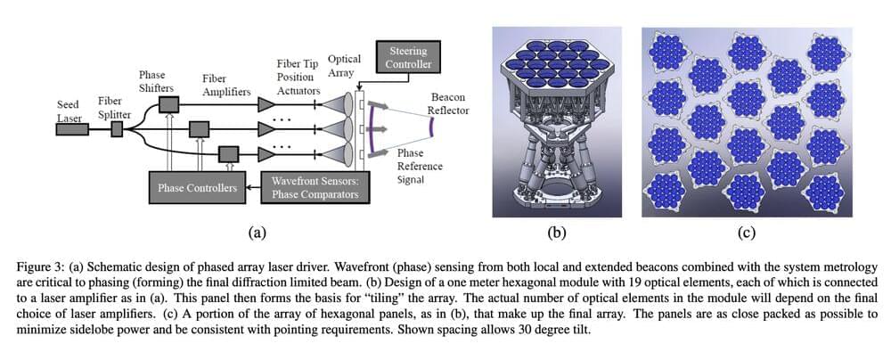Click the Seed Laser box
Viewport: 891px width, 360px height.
point(72,130)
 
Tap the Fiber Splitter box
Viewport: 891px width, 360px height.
point(117,130)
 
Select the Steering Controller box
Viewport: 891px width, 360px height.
point(406,57)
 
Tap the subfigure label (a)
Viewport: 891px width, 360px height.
point(257,233)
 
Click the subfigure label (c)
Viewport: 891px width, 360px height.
point(747,233)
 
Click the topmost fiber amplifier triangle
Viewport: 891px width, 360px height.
point(265,105)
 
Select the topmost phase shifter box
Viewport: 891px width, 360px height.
point(167,105)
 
